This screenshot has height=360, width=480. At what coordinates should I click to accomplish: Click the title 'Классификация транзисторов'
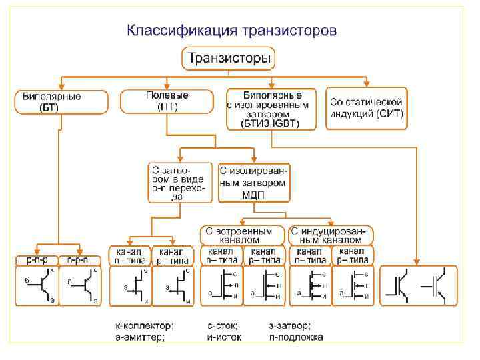(x=232, y=31)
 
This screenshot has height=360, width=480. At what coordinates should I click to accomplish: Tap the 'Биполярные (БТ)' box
(x=61, y=101)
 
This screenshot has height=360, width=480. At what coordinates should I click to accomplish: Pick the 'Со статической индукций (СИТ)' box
(x=366, y=106)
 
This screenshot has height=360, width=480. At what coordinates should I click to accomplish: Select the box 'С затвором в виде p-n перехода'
(x=180, y=181)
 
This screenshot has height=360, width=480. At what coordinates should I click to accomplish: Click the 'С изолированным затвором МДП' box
(x=254, y=181)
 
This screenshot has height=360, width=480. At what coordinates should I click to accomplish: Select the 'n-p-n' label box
(x=79, y=260)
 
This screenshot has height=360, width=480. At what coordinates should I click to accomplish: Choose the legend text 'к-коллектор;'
(x=144, y=326)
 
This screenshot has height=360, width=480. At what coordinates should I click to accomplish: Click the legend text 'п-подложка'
(x=297, y=337)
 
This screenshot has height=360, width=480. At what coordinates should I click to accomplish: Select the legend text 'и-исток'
(x=224, y=337)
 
